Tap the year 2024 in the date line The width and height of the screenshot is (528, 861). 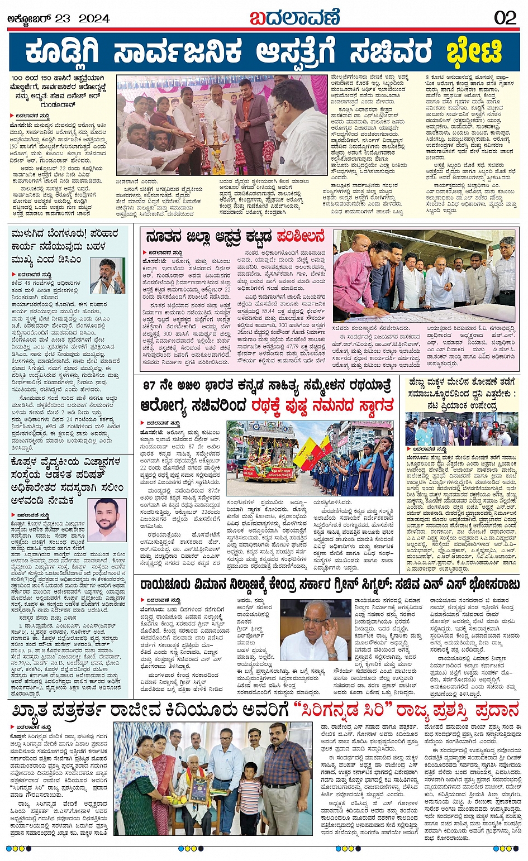94,18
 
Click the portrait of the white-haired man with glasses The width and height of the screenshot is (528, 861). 312,629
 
